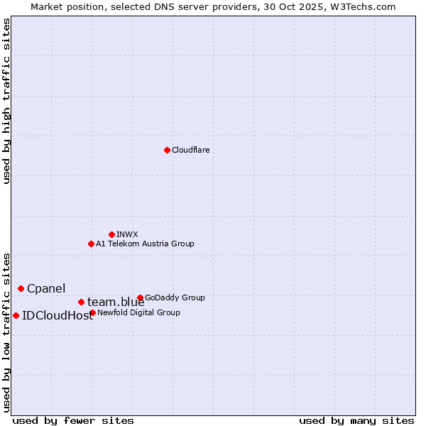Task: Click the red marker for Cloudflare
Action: pos(167,150)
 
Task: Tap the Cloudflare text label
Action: pos(190,151)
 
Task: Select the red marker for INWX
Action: pos(111,234)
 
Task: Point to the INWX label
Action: pos(127,234)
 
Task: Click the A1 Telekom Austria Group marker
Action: pos(91,244)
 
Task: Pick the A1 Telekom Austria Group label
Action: pos(145,244)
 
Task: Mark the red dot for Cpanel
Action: pos(21,288)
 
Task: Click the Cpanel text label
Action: pos(46,289)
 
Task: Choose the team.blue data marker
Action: pos(81,302)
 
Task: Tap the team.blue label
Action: pos(116,302)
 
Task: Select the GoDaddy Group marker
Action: pos(140,297)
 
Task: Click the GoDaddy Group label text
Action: pos(175,298)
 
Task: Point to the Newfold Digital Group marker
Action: pos(93,312)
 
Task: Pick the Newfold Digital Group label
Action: pos(138,312)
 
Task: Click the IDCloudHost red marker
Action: pos(16,315)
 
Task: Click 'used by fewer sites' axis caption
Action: pos(73,420)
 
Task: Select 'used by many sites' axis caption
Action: pos(356,420)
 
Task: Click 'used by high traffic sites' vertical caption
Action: pos(7,102)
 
